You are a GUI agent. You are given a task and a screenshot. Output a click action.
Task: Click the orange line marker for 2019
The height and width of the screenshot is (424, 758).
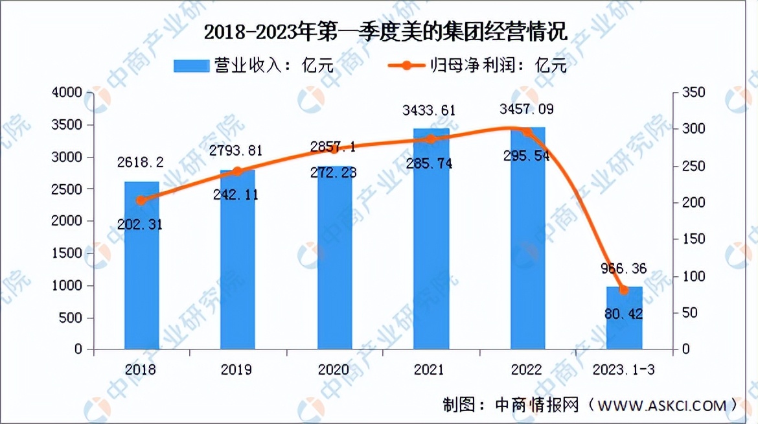[237, 171]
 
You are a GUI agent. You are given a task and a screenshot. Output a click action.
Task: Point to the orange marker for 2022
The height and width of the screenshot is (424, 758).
[527, 132]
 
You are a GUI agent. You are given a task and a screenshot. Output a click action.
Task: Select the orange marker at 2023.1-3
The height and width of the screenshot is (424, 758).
[624, 290]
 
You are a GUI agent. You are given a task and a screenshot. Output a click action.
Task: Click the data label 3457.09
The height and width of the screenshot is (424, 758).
[527, 108]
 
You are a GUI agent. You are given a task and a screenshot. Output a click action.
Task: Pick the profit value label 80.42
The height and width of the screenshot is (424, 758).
[624, 314]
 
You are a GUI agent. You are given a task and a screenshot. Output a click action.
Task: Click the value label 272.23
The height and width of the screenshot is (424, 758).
[335, 173]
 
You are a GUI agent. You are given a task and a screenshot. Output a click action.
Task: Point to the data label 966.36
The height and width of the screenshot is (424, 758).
[624, 268]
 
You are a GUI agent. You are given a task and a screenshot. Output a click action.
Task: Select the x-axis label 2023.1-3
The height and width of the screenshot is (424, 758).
[624, 370]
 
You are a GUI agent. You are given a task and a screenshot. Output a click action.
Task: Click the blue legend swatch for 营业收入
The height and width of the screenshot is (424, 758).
[192, 65]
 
